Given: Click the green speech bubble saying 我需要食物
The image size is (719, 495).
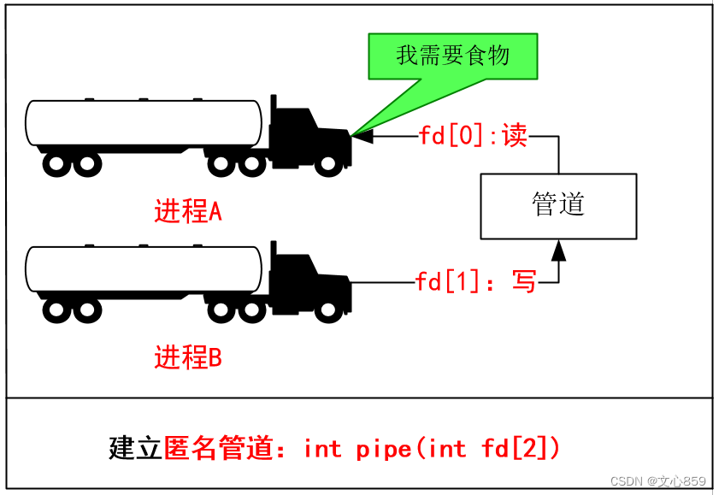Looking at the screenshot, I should point(452,56).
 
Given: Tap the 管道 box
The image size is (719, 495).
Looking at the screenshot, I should point(558,206).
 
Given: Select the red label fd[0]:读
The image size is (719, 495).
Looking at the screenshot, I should point(473,136).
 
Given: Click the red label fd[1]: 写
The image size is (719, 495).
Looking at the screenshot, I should point(475,281).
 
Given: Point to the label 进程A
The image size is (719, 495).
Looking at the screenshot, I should point(188,211).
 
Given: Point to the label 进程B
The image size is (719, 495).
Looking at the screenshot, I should point(188,357).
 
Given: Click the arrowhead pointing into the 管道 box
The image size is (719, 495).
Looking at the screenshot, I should point(558,249).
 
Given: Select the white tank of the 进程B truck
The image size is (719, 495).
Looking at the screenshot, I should point(144,268).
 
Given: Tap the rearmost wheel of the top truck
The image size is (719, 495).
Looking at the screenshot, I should point(56,163).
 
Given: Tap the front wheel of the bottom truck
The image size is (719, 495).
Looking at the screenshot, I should point(327,309).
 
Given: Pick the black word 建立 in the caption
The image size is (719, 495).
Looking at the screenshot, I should point(135,448).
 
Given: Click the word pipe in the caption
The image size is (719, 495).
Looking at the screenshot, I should point(384,448).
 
